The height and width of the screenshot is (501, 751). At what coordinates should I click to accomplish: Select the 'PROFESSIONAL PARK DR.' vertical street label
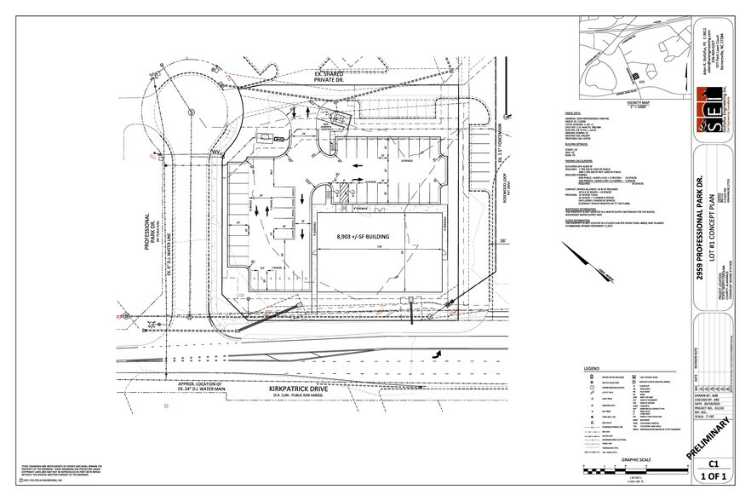pos(147,216)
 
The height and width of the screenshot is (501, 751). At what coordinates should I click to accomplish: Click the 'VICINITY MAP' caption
pos(619,99)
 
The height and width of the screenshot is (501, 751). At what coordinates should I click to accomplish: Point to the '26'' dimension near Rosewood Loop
pos(503,242)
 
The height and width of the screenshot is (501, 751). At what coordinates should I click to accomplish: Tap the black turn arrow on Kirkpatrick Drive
pos(437,352)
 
